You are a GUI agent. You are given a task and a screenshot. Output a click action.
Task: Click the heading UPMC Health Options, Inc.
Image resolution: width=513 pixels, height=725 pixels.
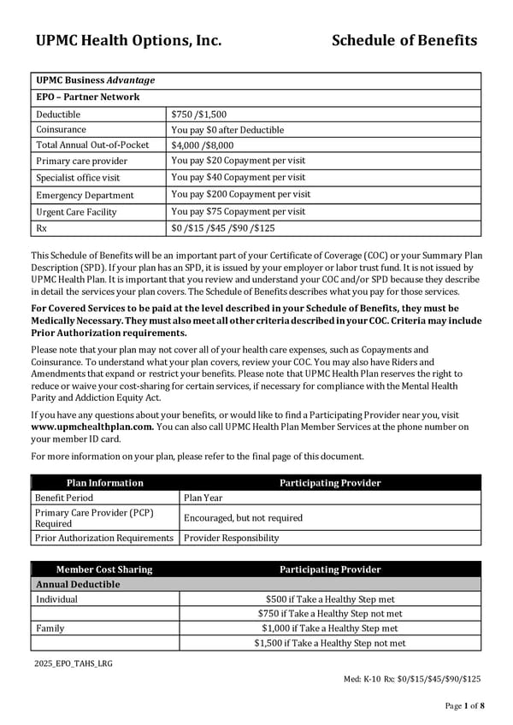point(128,40)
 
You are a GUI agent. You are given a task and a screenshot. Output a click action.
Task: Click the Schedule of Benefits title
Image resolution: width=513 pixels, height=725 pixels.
point(404,40)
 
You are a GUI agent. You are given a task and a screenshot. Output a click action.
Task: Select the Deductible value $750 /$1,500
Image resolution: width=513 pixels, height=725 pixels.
point(198,114)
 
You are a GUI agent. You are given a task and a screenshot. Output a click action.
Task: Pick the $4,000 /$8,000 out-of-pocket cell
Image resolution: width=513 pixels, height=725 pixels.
point(202,145)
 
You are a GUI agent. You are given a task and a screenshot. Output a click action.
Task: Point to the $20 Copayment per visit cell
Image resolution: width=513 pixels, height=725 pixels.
point(238,161)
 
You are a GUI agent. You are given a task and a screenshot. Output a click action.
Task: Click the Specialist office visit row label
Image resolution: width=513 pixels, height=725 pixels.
point(78,178)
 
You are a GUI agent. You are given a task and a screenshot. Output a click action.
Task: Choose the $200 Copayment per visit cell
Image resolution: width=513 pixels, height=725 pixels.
point(240,194)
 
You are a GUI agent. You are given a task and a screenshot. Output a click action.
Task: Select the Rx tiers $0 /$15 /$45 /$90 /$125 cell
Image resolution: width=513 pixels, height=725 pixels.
point(224,227)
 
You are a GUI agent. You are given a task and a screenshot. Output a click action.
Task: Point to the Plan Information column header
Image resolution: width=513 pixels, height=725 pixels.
point(104,483)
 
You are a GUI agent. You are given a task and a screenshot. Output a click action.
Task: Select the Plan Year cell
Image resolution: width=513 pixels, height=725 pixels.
point(203,498)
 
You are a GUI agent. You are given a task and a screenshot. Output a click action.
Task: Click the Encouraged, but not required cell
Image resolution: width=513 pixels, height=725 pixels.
point(243,518)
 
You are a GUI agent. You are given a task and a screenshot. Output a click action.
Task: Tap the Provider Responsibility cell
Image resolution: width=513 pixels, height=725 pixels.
point(231,538)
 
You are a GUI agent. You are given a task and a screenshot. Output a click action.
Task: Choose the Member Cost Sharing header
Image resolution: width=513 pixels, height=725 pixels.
point(104,569)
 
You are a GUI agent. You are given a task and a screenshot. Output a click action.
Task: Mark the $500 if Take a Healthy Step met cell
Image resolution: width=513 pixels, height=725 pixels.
point(329,599)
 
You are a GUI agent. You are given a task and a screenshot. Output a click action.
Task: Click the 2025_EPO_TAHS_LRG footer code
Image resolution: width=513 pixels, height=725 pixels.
point(73,663)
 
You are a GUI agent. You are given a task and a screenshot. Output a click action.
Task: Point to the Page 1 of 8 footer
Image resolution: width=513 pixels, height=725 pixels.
point(464,705)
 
